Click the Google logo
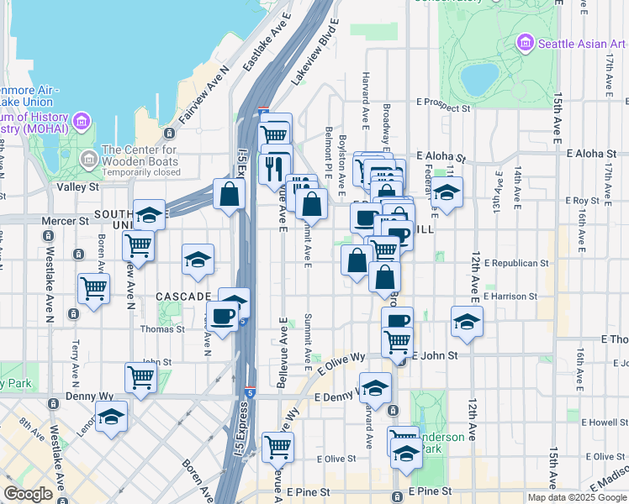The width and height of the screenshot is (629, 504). click(x=28, y=494)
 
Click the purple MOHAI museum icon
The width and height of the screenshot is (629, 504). click(x=82, y=122)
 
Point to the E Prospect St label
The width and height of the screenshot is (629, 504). click(x=443, y=108)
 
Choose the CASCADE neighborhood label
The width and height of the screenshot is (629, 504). click(x=182, y=297)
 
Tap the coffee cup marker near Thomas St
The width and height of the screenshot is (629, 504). click(x=222, y=316)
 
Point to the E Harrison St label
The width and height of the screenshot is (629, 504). click(x=510, y=297)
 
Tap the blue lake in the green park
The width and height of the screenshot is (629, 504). click(x=478, y=79)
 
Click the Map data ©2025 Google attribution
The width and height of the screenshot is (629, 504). click(x=576, y=497)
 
